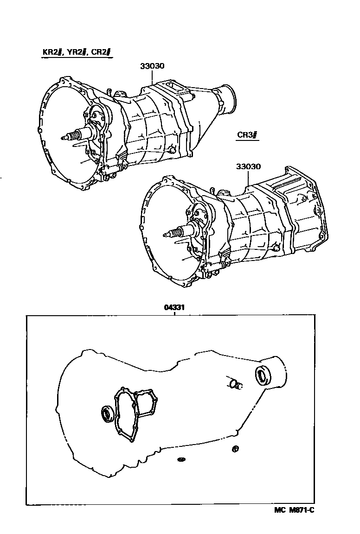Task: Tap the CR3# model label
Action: point(247,135)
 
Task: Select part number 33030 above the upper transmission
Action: point(153,66)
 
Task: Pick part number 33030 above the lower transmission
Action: point(248,167)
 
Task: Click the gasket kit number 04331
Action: point(174,307)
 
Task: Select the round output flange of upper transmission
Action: point(229,98)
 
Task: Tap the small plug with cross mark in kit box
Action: point(235,448)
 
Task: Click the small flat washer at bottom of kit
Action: point(180,459)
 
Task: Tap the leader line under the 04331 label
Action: point(174,313)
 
